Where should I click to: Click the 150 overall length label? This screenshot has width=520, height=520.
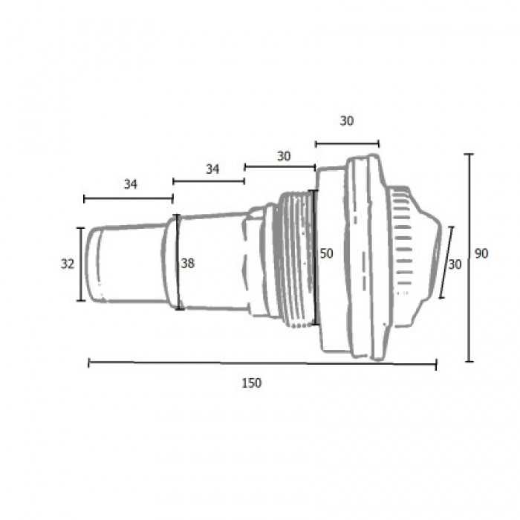251,383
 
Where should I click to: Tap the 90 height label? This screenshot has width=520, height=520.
481,254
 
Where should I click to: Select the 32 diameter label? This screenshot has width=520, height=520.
68,264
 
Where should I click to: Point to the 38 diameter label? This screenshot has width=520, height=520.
188,263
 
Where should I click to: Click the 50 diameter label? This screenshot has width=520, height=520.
326,254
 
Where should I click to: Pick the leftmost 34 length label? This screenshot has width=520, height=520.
130,184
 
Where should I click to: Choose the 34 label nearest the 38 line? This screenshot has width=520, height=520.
212,169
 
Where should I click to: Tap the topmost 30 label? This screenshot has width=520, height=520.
347,121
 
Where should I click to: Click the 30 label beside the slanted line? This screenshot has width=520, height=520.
455,264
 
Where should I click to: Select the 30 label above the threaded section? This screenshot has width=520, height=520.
284,156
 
